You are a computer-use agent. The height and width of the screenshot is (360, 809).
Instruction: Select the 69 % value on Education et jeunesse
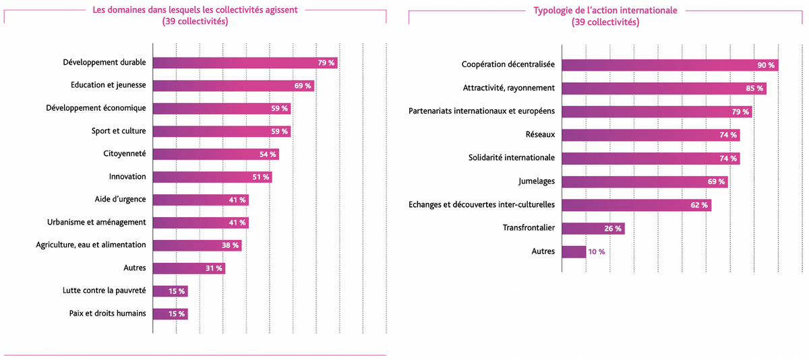coord(303,86)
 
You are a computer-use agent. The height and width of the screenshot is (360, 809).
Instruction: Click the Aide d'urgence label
coord(120,200)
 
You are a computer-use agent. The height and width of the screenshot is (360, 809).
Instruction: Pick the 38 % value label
coord(231,245)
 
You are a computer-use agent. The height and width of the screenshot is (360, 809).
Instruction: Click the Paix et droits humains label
coord(107,313)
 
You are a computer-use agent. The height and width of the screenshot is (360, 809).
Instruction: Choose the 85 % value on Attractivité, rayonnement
coord(754,88)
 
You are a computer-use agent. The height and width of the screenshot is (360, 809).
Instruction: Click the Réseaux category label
coord(540,134)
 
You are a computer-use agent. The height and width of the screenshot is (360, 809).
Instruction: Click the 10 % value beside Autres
coord(597,251)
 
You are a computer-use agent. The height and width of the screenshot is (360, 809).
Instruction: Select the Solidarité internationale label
coord(512,158)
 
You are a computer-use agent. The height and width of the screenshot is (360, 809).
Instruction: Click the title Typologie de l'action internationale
coord(605,11)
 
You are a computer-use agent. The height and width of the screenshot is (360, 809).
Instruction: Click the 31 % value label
coord(214,268)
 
